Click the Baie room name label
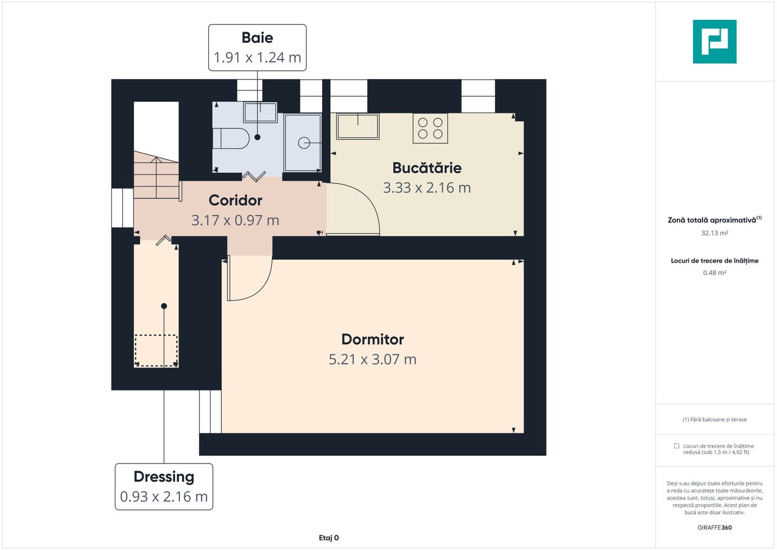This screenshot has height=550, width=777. (x=257, y=38)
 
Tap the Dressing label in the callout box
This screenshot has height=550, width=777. (x=164, y=477)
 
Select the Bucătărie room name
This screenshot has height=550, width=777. (x=426, y=168)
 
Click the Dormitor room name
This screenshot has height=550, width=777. (x=372, y=339)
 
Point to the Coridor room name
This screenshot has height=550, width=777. (x=235, y=200)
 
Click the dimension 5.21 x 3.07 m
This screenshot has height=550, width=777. (x=372, y=360)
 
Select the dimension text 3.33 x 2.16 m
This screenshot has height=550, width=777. (x=426, y=188)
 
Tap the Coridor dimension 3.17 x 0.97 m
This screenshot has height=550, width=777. (x=235, y=221)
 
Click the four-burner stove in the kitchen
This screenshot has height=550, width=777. (x=430, y=128)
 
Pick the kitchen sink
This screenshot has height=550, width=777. (x=358, y=127)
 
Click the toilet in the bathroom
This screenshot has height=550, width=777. (x=231, y=139)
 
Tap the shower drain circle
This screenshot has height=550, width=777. (x=304, y=143)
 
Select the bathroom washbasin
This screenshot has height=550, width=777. (x=260, y=112)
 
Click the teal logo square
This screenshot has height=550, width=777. (x=714, y=42)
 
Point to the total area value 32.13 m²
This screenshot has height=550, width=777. (x=714, y=233)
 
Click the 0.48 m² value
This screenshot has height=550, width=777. (x=714, y=273)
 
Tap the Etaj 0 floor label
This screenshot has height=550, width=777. (x=329, y=538)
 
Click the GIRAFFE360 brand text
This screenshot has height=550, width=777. (x=714, y=528)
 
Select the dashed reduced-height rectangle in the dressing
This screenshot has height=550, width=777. (x=156, y=350)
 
